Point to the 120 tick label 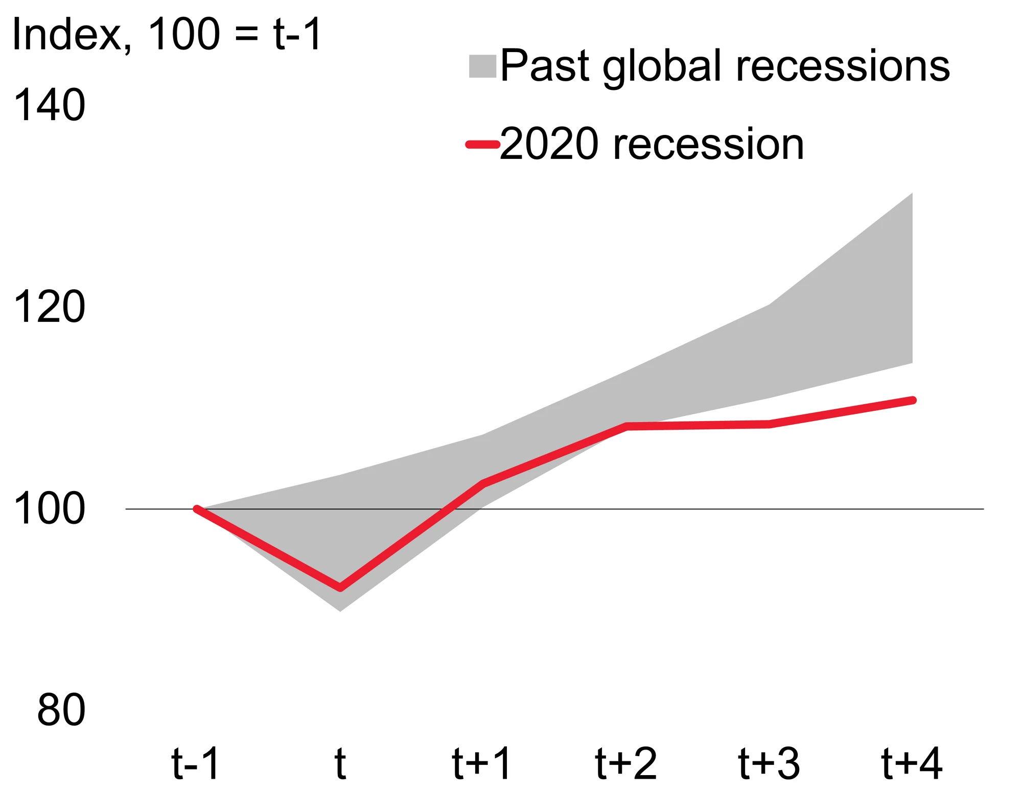[x=49, y=307]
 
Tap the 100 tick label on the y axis [x=49, y=508]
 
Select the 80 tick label [x=61, y=710]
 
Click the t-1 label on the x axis [x=196, y=763]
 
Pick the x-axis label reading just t [x=340, y=763]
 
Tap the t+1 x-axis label [x=482, y=763]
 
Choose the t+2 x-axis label [x=626, y=763]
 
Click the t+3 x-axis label [x=769, y=763]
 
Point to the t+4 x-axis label [x=912, y=763]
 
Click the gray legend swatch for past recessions [x=482, y=66]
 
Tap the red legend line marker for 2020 [x=482, y=145]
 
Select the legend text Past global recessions [x=725, y=66]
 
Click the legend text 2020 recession [x=652, y=145]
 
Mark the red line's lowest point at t [x=340, y=588]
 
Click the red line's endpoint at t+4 [x=913, y=400]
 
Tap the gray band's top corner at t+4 [x=912, y=194]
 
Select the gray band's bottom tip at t [x=340, y=610]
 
